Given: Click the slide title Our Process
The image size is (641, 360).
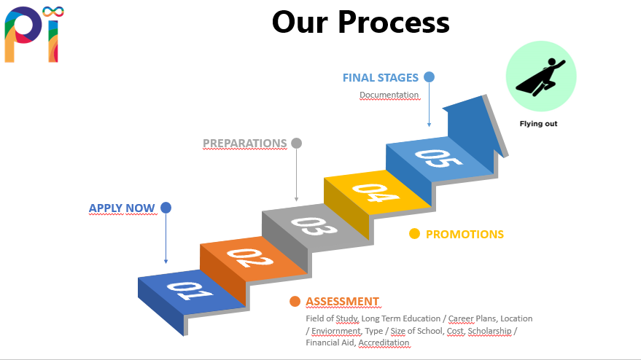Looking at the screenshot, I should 360,22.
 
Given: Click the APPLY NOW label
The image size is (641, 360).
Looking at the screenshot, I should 122,208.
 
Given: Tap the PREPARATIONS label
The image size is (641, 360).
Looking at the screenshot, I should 244,144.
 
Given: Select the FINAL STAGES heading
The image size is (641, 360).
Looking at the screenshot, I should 381,77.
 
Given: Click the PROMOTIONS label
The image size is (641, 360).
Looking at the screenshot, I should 465,235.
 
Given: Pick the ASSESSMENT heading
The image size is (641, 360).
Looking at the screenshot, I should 342,302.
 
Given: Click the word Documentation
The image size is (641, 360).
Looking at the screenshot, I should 389,95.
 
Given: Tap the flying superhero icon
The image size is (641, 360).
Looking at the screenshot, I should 540,76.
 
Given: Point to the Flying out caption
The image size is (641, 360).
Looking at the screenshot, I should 538,124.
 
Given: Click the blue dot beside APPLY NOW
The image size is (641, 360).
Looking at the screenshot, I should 166,208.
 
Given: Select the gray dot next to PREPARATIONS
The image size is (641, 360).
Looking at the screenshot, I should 296,143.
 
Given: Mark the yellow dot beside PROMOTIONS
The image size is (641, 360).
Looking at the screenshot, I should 414,234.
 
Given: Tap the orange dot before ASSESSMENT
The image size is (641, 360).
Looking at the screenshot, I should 295,302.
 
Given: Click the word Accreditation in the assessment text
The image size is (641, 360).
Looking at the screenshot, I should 384,343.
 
